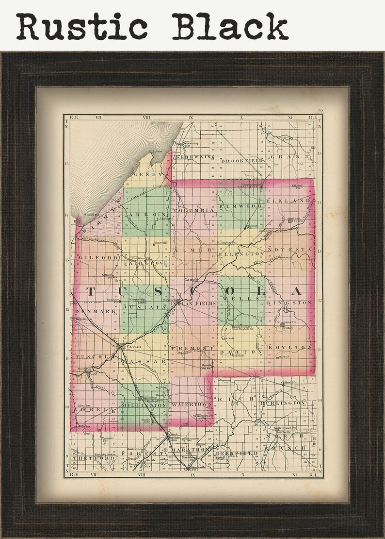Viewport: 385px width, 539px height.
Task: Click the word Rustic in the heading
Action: coord(82,26)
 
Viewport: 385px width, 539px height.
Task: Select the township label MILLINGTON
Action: coord(144,405)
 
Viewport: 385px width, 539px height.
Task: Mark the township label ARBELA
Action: coord(89,410)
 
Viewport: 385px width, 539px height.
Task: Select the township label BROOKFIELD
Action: coord(241,160)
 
